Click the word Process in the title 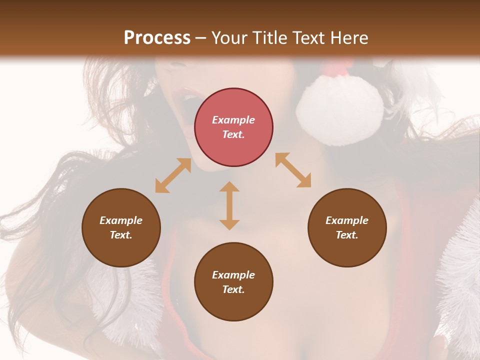(157, 38)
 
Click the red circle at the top (233, 127)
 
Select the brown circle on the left (121, 227)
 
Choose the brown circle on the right (347, 227)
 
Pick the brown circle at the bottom (233, 282)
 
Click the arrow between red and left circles (173, 175)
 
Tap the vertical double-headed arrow (229, 205)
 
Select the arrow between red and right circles (293, 170)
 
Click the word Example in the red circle (233, 120)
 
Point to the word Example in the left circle (121, 220)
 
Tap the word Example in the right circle (347, 220)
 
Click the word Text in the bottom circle (233, 289)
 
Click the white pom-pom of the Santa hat (340, 112)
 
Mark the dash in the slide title (200, 38)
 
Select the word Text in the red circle (233, 134)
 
